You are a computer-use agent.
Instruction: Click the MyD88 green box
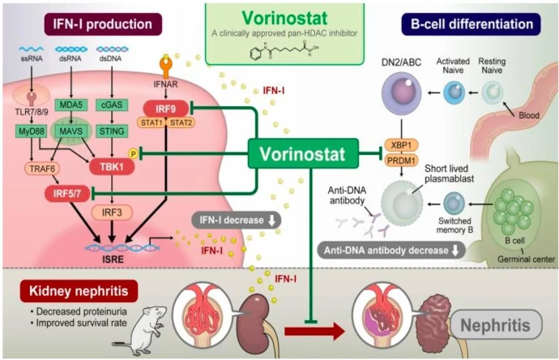(x=36, y=131)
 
